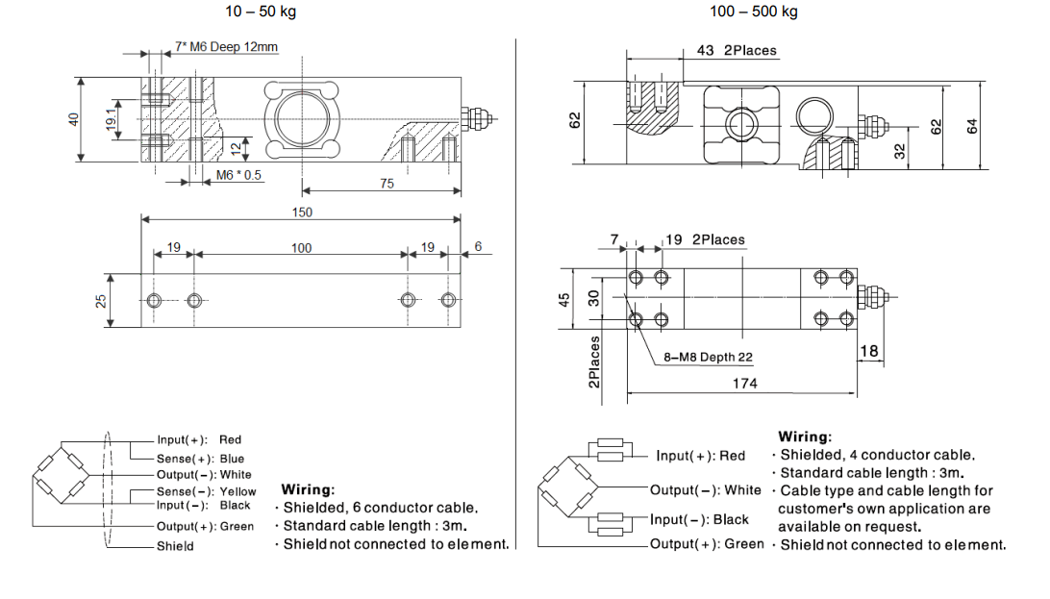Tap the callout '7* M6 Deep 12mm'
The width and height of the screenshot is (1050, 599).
(227, 46)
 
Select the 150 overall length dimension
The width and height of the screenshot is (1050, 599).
(301, 212)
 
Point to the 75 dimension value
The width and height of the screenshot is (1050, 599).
(387, 183)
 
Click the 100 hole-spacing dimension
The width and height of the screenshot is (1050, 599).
(301, 248)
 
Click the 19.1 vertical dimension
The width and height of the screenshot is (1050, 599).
(112, 120)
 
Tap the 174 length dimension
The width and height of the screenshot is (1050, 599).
(744, 384)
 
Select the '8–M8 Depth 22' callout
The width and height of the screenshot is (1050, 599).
(709, 358)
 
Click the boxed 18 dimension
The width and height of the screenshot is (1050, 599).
(869, 352)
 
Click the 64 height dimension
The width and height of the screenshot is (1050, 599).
(970, 126)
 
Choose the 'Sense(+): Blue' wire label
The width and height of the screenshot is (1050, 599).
(200, 459)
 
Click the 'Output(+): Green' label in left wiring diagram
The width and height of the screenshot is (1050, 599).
(205, 526)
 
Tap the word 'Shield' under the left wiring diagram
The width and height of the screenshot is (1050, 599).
(175, 546)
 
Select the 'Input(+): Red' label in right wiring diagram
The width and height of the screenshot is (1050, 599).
(700, 456)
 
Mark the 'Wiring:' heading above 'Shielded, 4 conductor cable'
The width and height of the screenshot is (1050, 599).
(805, 437)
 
